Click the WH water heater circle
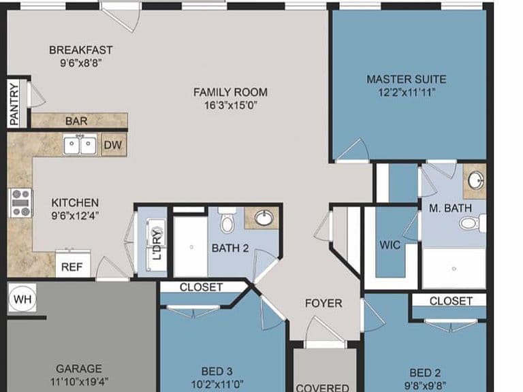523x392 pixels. pos(22,298)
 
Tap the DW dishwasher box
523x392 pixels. pos(114,145)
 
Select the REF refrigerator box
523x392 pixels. pos(72,264)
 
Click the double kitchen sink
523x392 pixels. pos(80,144)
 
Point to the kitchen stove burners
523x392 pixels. pos(20,203)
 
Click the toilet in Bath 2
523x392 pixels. pos(227,220)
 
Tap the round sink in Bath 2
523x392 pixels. pos(264,218)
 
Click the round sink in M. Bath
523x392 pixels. pos(476,180)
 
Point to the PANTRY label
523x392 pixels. pos(14,104)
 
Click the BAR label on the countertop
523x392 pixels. pos(76,121)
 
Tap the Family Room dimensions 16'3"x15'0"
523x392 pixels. pos(230,105)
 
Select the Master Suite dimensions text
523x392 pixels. pos(407,92)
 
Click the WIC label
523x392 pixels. pos(390,245)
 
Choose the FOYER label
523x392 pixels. pos(323,303)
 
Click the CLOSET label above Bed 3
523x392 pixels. pos(201,287)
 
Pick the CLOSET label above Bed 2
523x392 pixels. pos(451,301)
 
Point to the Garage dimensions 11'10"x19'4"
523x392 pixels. pos(79,381)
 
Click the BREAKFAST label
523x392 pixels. pos(81,50)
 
